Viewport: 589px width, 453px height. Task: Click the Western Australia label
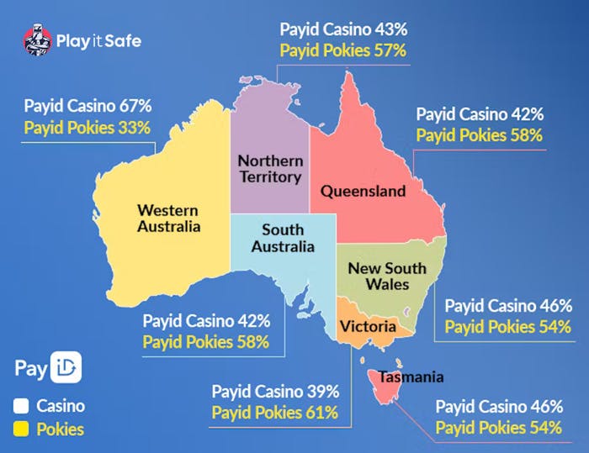coord(169,218)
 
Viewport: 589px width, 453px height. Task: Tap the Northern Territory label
coord(269,168)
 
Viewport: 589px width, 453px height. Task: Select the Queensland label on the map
coord(363,191)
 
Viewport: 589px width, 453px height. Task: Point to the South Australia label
coord(283,238)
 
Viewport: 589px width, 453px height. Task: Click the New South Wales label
coord(387,277)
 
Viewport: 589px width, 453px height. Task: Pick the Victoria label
coord(363,325)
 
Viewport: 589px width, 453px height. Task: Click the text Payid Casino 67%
coord(88,107)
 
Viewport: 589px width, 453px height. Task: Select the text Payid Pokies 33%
coord(88,128)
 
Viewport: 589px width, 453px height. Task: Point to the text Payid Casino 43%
coord(343,29)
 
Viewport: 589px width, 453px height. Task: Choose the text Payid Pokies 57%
coord(343,50)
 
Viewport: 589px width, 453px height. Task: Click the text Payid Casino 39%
coord(275,392)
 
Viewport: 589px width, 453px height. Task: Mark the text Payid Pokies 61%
coord(275,413)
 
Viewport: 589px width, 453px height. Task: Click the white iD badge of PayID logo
coord(67,369)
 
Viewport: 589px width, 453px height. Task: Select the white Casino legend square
coord(22,406)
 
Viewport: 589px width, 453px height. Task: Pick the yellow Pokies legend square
coord(22,429)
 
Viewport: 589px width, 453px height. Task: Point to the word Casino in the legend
coord(61,406)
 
